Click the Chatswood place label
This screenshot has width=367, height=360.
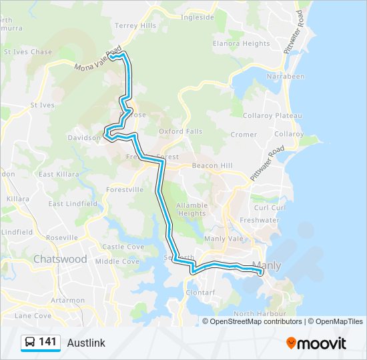click(x=61, y=259)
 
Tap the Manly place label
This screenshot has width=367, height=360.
click(x=268, y=265)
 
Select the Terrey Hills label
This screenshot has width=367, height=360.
click(x=135, y=25)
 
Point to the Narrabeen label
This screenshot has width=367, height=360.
click(x=287, y=77)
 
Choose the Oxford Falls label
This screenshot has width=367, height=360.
click(x=180, y=131)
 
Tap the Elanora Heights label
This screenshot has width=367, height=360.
click(x=241, y=43)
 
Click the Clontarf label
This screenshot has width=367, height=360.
click(x=200, y=292)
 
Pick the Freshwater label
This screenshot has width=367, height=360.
click(x=260, y=220)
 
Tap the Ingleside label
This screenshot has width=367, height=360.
click(x=198, y=17)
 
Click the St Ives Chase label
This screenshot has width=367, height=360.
click(x=27, y=51)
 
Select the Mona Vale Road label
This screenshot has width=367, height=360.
click(x=98, y=59)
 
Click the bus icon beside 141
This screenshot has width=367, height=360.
click(x=30, y=343)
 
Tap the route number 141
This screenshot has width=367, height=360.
click(x=47, y=342)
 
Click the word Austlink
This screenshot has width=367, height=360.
click(x=86, y=343)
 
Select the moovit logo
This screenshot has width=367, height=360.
click(x=316, y=343)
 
